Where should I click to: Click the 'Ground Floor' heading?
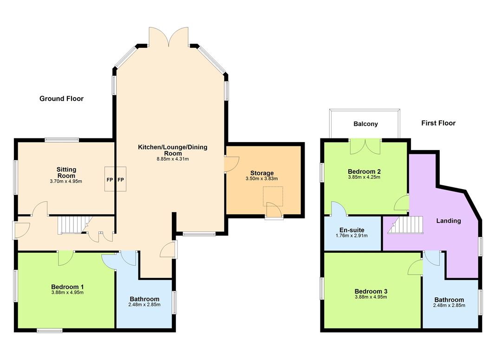62,98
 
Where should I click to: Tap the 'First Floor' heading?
438,123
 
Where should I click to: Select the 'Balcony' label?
365,124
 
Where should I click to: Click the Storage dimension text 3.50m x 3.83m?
262,179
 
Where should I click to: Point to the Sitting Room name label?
66,173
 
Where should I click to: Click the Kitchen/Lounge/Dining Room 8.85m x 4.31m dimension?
173,159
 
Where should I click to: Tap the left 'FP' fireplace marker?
110,180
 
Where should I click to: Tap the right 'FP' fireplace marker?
121,180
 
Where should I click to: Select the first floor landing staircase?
405,225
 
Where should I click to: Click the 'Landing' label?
448,221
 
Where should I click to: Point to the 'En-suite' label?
352,230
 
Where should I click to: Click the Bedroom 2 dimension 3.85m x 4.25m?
364,177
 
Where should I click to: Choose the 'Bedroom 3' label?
371,291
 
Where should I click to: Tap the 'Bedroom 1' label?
67,287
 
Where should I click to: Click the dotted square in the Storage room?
273,196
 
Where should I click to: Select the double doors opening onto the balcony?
365,146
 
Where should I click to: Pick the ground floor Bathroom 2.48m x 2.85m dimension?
144,305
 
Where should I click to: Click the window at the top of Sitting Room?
62,139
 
